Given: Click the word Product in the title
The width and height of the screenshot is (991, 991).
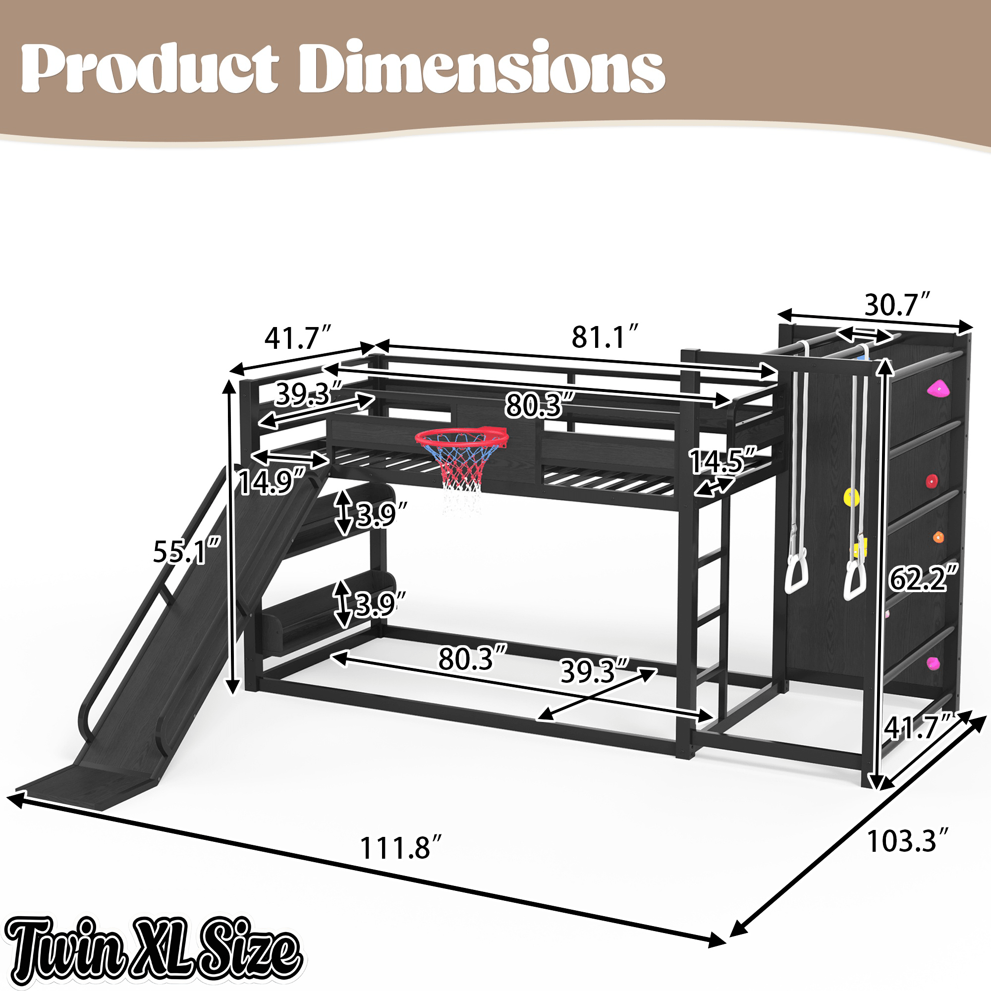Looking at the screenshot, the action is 150,68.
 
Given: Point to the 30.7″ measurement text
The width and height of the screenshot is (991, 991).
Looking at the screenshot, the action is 897,305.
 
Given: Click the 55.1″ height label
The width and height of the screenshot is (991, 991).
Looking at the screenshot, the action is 187,551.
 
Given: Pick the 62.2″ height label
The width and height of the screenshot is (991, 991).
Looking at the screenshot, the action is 923,579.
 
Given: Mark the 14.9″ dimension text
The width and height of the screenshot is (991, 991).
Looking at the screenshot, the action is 274,482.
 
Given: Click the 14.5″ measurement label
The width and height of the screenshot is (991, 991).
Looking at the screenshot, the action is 723,461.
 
